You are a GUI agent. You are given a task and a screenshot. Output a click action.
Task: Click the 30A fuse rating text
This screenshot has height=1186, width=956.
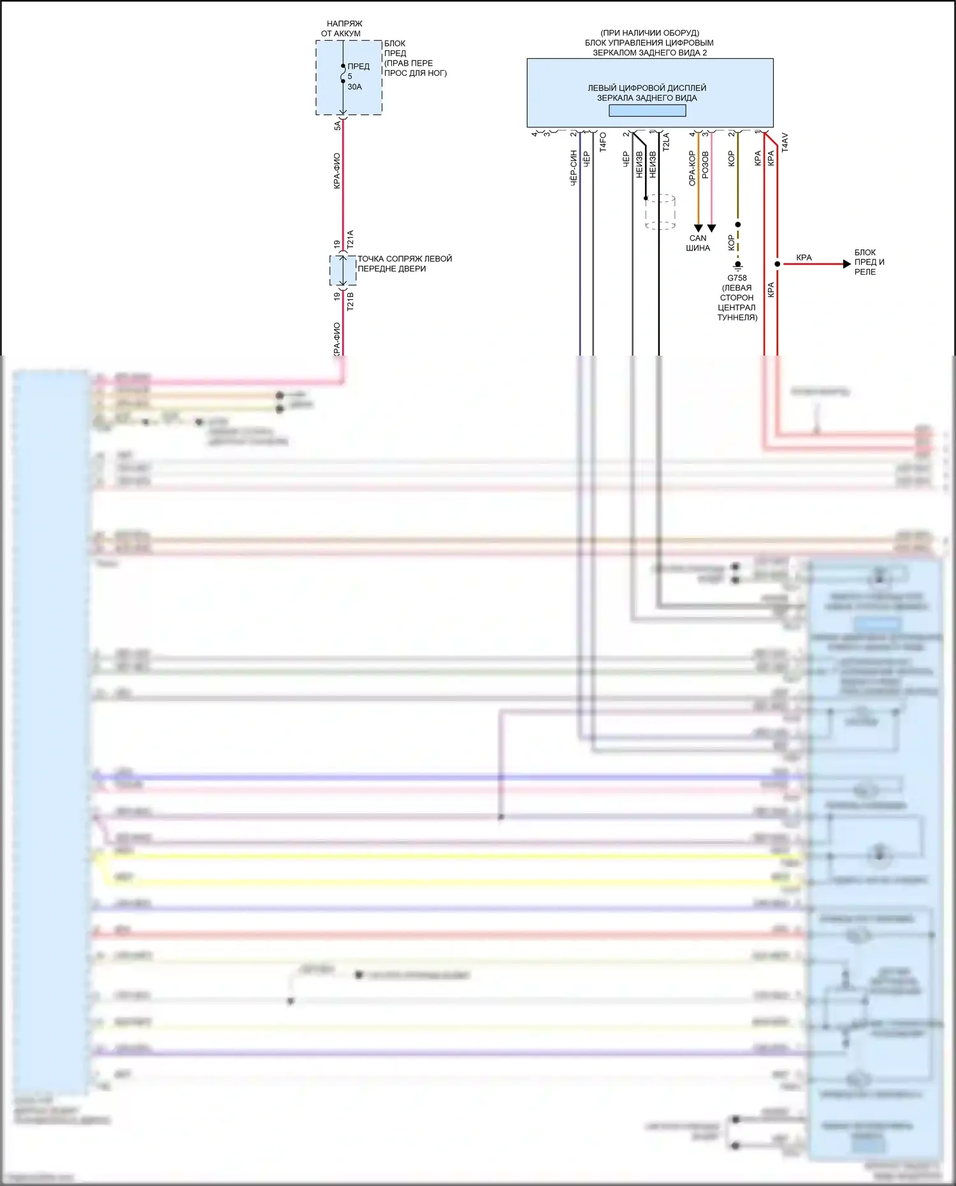(354, 87)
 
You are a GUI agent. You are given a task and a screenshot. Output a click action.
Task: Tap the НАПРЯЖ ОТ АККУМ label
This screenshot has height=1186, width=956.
(342, 29)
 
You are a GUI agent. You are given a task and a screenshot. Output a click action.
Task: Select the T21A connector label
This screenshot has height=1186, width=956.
(350, 240)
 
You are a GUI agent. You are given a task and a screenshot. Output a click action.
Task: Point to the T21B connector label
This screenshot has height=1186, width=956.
(350, 301)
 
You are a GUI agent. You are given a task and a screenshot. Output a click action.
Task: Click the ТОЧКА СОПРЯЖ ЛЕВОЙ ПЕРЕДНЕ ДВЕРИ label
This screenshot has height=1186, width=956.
(404, 263)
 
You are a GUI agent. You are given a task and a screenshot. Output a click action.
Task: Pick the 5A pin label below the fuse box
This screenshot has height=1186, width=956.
(338, 126)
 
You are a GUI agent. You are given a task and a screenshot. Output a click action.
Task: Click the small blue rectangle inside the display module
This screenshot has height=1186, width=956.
(647, 110)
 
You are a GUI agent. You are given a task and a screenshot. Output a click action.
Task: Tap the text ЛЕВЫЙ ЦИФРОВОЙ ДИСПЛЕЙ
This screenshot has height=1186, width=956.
(646, 88)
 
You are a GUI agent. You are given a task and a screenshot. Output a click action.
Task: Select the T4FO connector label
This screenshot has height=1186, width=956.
(603, 141)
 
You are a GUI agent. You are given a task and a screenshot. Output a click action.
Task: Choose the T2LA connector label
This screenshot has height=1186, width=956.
(666, 141)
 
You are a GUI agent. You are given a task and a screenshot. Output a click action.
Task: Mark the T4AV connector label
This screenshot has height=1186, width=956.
(785, 142)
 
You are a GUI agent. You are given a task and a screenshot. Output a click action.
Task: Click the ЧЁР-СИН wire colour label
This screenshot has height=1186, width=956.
(574, 168)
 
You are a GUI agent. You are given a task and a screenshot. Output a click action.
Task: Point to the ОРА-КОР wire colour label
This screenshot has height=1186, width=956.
(692, 168)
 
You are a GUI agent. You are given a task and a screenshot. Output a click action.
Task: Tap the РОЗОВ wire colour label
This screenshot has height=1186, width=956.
(705, 164)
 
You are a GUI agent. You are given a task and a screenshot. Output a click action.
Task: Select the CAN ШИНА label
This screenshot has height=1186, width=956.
(698, 243)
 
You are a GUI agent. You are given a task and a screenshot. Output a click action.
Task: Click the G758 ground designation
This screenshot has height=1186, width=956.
(737, 278)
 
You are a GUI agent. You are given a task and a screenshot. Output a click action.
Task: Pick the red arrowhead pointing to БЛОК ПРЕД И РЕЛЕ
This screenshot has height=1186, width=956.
(846, 264)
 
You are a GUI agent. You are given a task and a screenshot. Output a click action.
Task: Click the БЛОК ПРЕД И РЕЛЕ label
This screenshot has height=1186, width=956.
(869, 262)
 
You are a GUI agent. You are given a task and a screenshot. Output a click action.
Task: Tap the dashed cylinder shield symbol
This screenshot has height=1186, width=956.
(660, 212)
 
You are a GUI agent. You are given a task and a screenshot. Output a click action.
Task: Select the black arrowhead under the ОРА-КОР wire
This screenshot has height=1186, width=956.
(699, 228)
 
